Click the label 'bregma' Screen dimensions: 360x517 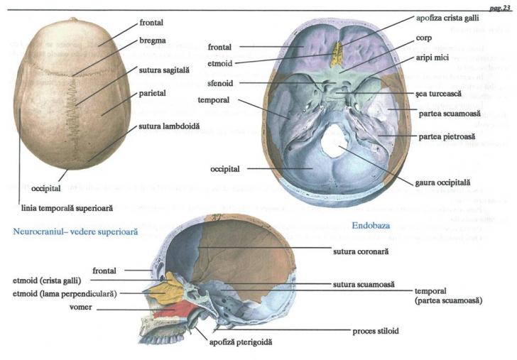tap(153, 40)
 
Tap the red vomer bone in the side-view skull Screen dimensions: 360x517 tap(180, 308)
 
